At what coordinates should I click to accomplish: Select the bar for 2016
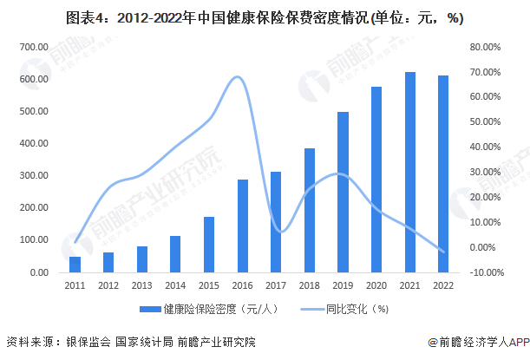tap(244, 226)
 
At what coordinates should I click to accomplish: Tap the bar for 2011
tap(75, 264)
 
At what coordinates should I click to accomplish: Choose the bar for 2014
tap(175, 253)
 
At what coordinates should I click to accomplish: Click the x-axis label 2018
tap(310, 285)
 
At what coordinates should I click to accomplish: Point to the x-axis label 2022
tap(444, 285)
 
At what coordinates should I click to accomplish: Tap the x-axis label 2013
tap(141, 285)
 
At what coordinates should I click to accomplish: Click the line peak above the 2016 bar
tap(239, 77)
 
